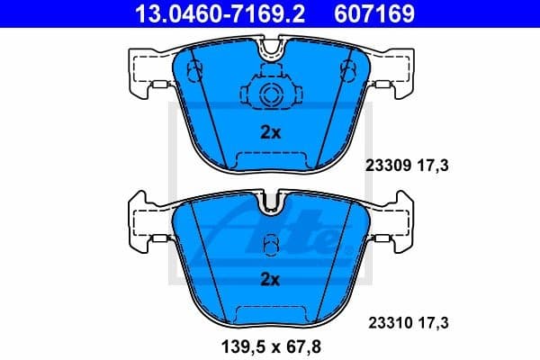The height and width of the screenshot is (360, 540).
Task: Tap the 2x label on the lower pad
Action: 270,280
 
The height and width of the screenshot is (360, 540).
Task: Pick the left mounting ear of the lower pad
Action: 144,225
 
